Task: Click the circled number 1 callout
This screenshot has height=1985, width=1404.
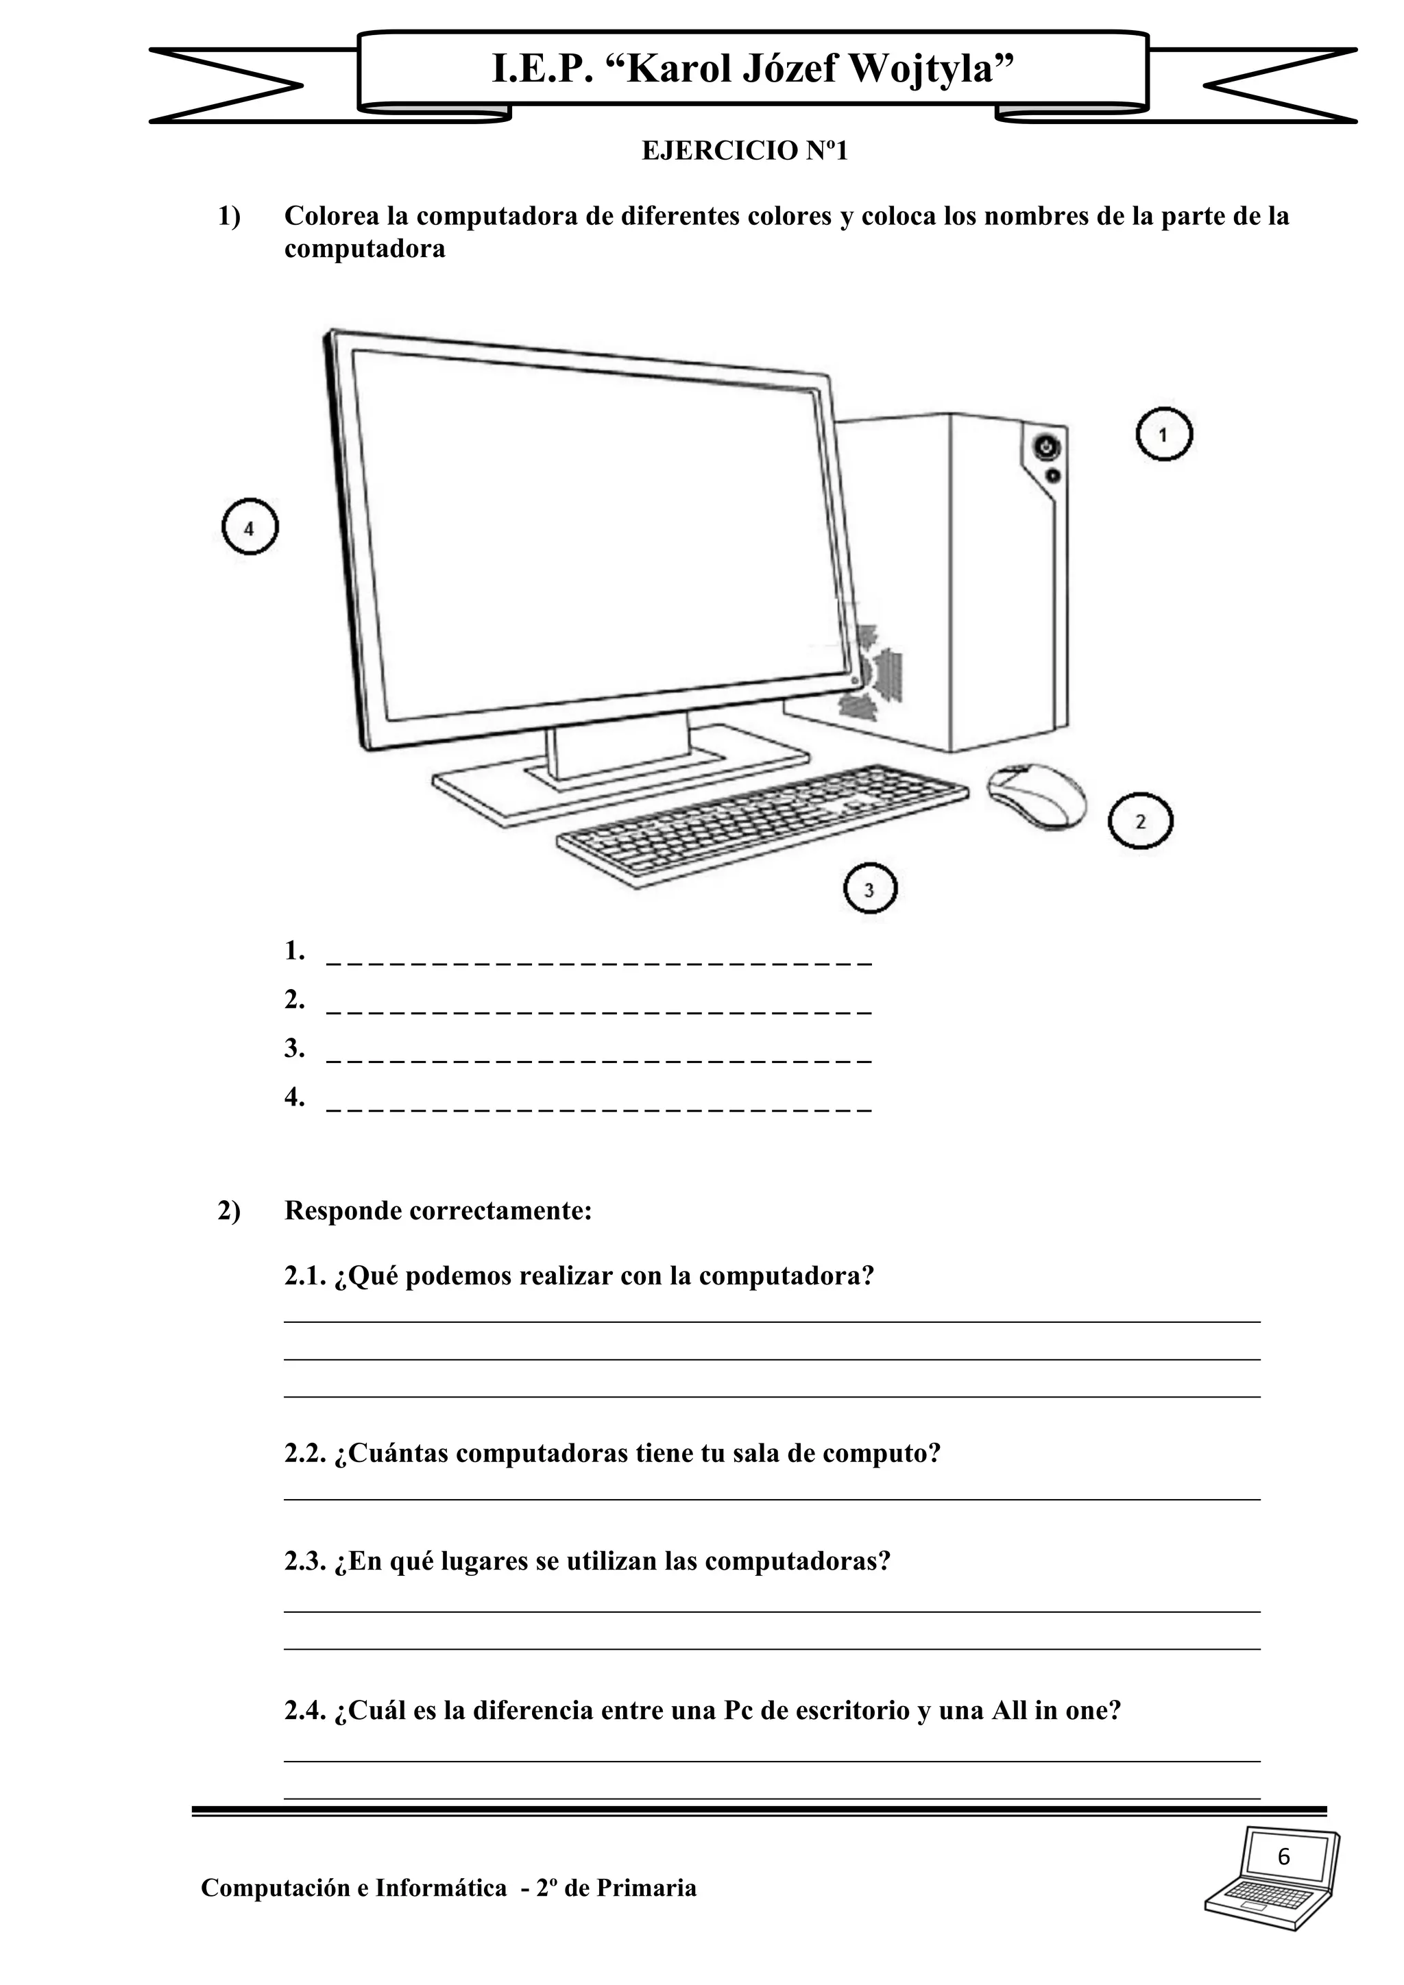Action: (1163, 434)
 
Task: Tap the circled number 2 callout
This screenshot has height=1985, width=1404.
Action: (1140, 821)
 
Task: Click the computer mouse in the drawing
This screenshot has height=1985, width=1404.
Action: (1037, 796)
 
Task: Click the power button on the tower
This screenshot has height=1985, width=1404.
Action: (1046, 448)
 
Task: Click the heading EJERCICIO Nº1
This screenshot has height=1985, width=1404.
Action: (745, 151)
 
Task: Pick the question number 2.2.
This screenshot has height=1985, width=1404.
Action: (304, 1454)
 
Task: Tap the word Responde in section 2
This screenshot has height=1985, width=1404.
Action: (342, 1211)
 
